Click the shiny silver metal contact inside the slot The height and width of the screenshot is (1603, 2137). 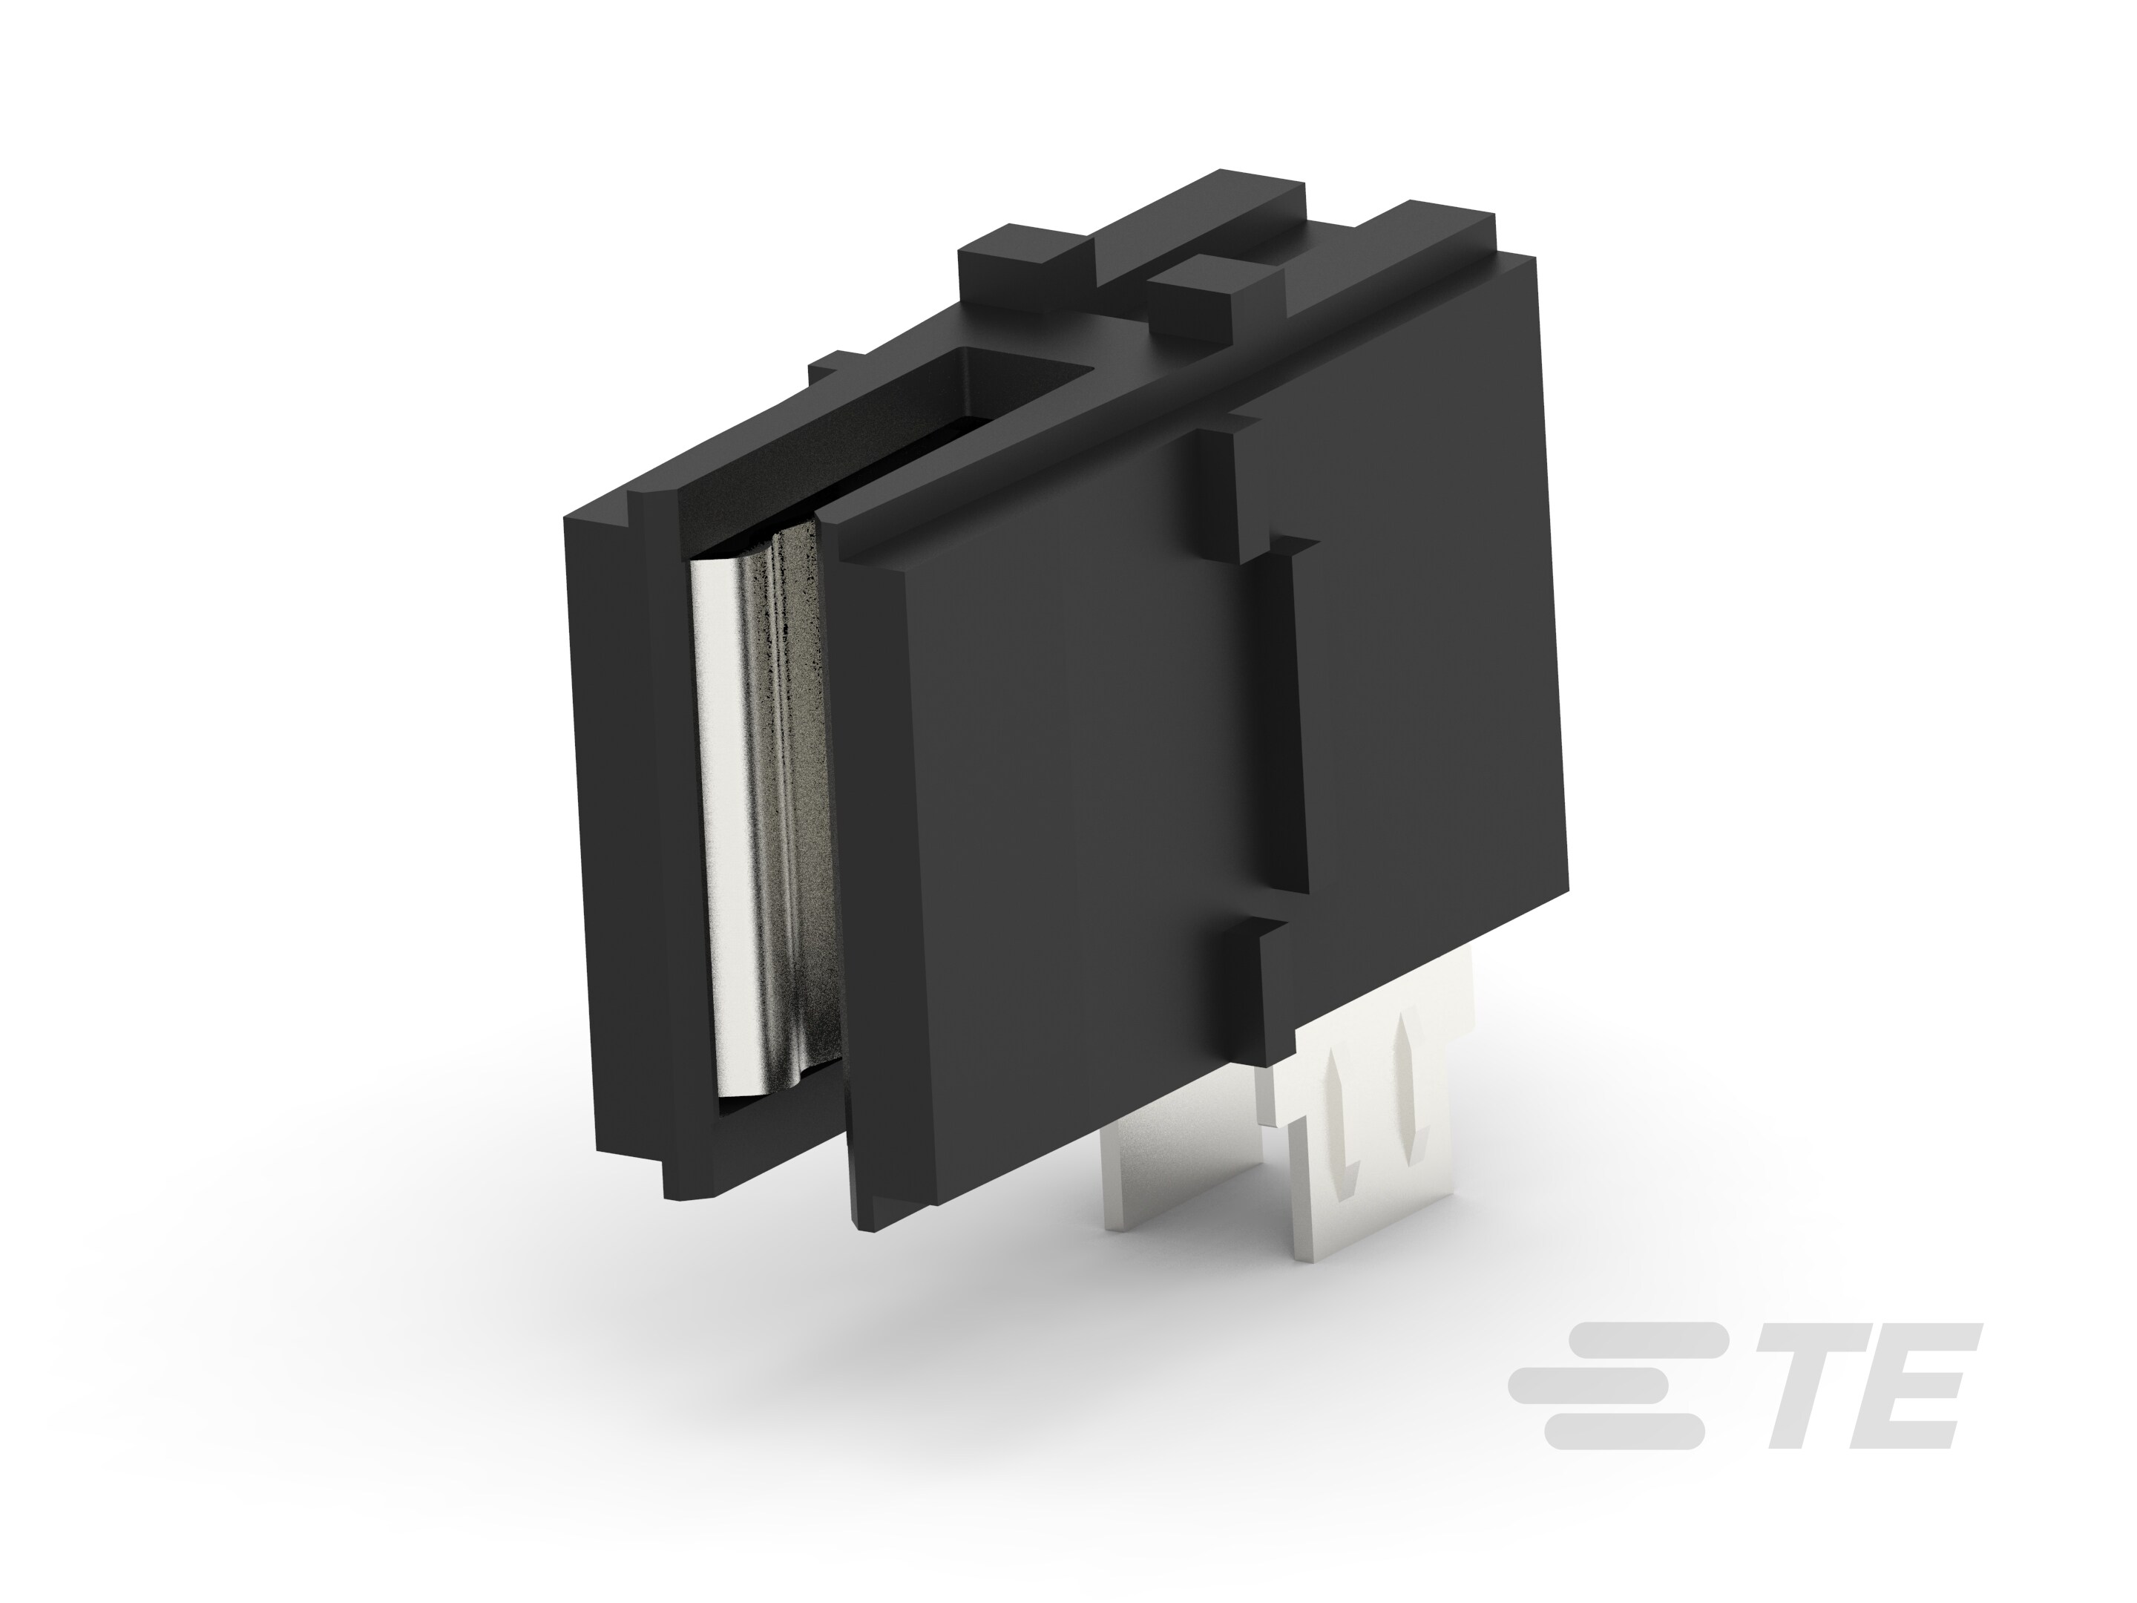[x=764, y=822]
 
